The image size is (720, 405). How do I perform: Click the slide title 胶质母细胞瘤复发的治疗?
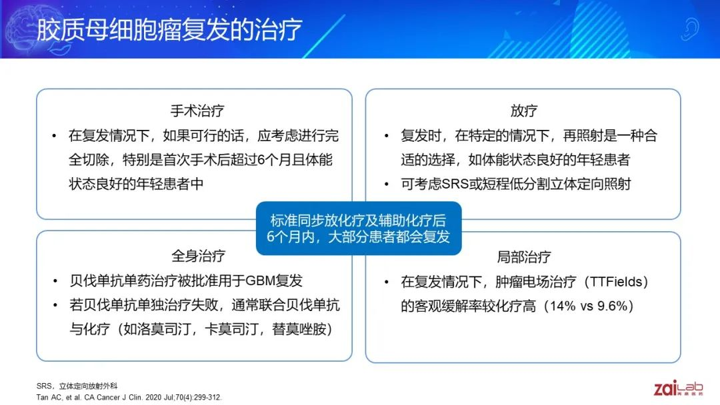click(169, 30)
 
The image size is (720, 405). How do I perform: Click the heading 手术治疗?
click(197, 111)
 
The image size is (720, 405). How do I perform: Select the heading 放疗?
click(523, 111)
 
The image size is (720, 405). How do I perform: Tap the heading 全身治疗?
click(198, 256)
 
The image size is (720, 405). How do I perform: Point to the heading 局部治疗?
click(523, 256)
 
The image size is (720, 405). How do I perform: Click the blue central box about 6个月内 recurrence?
click(359, 228)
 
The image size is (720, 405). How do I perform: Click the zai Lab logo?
click(678, 388)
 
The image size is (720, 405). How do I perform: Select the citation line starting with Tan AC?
click(129, 397)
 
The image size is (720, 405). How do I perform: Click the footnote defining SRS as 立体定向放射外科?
click(77, 386)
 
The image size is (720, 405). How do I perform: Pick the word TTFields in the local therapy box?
click(616, 281)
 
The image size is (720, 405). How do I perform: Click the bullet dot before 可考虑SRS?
click(387, 185)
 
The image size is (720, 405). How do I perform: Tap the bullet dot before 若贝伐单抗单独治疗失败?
click(55, 305)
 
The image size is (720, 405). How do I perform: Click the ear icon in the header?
click(690, 29)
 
